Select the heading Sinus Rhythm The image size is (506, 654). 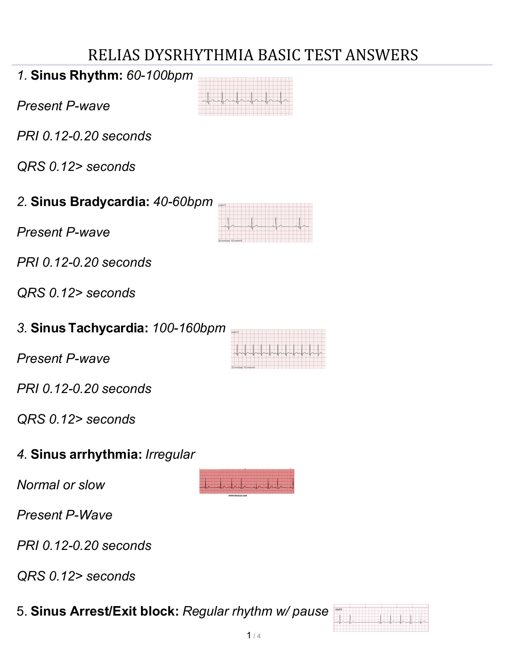coord(77,76)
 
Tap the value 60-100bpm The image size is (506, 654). coord(160,76)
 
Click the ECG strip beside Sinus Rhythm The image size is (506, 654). coord(246,97)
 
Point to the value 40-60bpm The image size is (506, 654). coord(183,202)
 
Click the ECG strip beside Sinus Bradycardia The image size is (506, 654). coord(265,223)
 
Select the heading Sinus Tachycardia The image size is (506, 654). coord(89,328)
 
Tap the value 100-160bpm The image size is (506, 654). coord(189,328)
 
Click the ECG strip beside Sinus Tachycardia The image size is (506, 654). coord(278,349)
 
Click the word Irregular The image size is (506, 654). coord(170,455)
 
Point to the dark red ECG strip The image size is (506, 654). coord(246,481)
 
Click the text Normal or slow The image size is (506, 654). coord(61,485)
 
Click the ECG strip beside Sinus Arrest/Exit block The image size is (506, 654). coord(381,618)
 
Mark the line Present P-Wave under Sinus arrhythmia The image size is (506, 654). coord(64,515)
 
